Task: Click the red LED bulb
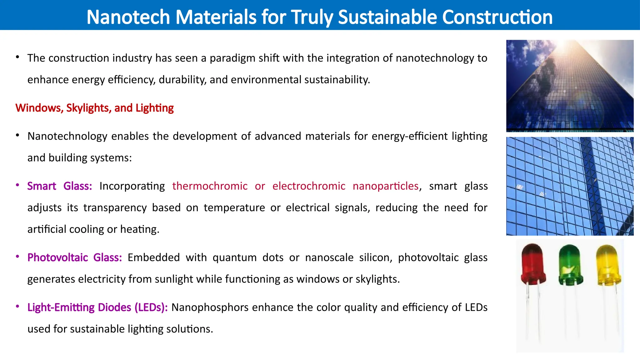point(533,264)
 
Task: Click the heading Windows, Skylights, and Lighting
point(94,108)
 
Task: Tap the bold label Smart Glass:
point(59,186)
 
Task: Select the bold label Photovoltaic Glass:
point(74,257)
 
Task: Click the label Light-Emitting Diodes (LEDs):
point(97,307)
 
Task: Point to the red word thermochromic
point(210,186)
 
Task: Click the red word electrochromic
point(309,186)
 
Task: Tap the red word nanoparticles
point(386,186)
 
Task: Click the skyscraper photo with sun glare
point(570,86)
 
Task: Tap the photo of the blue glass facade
point(570,186)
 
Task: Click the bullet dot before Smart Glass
point(18,185)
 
